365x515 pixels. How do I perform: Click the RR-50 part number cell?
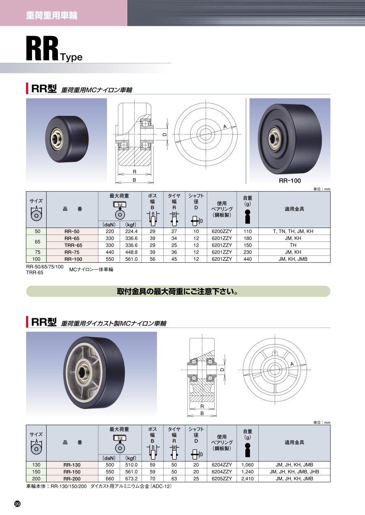point(72,231)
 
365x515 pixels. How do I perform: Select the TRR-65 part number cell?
point(72,245)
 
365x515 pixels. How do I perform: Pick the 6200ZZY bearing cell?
point(222,231)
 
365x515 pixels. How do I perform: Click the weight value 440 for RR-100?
point(247,259)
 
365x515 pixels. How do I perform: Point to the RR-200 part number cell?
point(72,479)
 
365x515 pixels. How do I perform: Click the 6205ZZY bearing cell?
point(222,479)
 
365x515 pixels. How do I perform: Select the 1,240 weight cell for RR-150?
point(247,472)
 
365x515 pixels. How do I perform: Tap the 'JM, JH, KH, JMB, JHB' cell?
point(294,472)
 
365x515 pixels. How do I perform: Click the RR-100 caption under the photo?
point(290,181)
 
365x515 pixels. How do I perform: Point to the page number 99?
point(17,504)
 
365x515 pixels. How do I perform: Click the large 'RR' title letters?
point(42,49)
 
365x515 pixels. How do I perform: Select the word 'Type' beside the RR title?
point(71,57)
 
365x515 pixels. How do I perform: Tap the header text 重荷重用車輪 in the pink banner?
point(52,15)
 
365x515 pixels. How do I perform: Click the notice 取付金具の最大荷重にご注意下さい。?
point(178,292)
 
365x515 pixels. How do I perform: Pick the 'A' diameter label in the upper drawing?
point(225,126)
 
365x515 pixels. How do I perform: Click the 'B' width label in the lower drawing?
point(202,413)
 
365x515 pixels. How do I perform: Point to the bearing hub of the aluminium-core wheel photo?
point(82,371)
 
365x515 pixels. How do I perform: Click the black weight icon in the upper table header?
point(247,217)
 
